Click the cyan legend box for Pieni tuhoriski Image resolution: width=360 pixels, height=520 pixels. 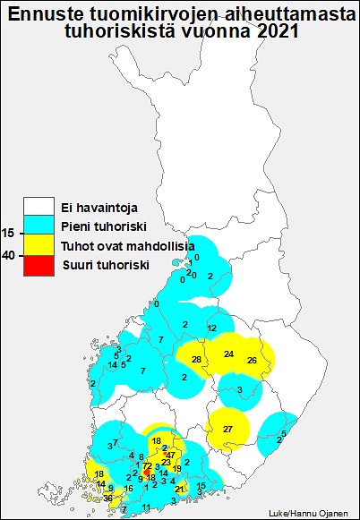(x=39, y=226)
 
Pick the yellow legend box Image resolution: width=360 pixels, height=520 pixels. (x=39, y=245)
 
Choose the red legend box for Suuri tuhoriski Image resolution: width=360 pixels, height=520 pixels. (x=39, y=264)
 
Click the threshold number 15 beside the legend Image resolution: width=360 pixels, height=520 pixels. (x=8, y=233)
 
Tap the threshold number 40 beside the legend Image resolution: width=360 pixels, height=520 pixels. (x=8, y=255)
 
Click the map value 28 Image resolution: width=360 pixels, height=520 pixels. (x=196, y=359)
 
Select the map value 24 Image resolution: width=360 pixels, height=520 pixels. (x=228, y=354)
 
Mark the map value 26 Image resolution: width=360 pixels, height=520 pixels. (x=252, y=360)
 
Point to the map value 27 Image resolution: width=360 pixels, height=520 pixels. (x=227, y=430)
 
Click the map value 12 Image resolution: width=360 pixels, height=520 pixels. (x=211, y=328)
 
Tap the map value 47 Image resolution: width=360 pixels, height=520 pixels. (x=171, y=456)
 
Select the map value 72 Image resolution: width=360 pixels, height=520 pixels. (x=147, y=466)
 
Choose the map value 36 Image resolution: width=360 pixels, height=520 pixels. (x=107, y=498)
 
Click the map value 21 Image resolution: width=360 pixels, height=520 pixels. (x=180, y=490)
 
